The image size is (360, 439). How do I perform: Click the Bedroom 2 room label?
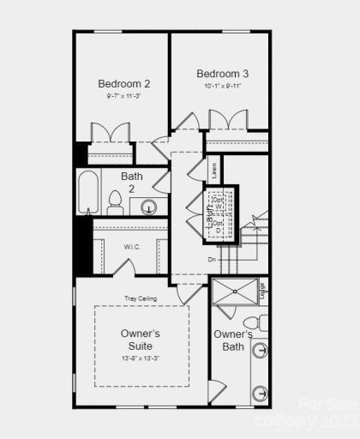[123, 84]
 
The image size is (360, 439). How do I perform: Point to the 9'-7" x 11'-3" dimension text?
[123, 96]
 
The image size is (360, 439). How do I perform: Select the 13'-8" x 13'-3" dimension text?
[141, 359]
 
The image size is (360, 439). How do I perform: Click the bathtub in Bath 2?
[87, 194]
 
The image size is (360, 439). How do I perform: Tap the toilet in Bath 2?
[115, 202]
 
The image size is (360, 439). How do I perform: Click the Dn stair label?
[212, 258]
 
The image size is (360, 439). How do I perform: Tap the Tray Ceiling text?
[141, 298]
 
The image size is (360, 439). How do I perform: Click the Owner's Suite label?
[141, 339]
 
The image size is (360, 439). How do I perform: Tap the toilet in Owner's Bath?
[261, 322]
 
